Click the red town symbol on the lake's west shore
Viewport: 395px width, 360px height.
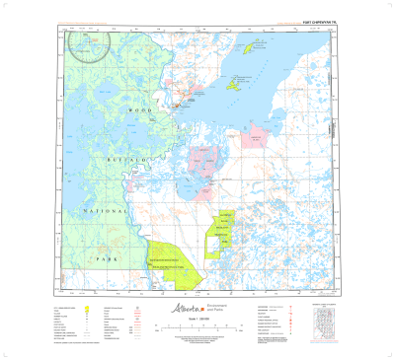(178, 103)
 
